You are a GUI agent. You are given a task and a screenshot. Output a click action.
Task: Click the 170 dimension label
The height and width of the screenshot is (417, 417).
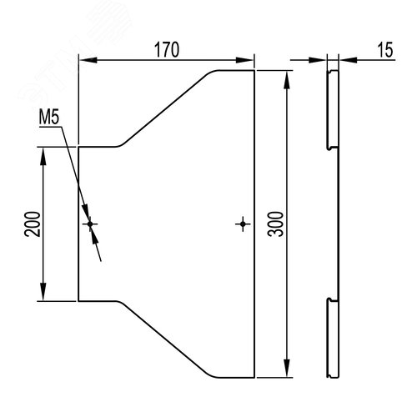167,50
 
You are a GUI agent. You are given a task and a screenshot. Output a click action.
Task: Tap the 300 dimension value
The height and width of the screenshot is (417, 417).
275,224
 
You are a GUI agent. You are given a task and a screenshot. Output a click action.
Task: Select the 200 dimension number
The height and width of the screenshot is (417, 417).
32,224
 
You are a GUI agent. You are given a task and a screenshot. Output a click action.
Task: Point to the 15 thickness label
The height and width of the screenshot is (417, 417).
385,50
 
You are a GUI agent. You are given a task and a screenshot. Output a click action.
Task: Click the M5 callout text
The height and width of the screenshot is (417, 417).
49,118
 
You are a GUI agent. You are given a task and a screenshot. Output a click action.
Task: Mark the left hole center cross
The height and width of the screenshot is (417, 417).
90,224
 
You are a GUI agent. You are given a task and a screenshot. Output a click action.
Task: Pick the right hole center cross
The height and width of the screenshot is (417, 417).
243,224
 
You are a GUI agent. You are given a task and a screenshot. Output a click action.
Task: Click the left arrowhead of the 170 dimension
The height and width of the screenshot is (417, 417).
88,60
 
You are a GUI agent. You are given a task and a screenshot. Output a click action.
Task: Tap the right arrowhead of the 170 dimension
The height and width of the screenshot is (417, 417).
244,60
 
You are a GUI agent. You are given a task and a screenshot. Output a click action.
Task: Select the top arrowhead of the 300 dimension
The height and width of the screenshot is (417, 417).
287,80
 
